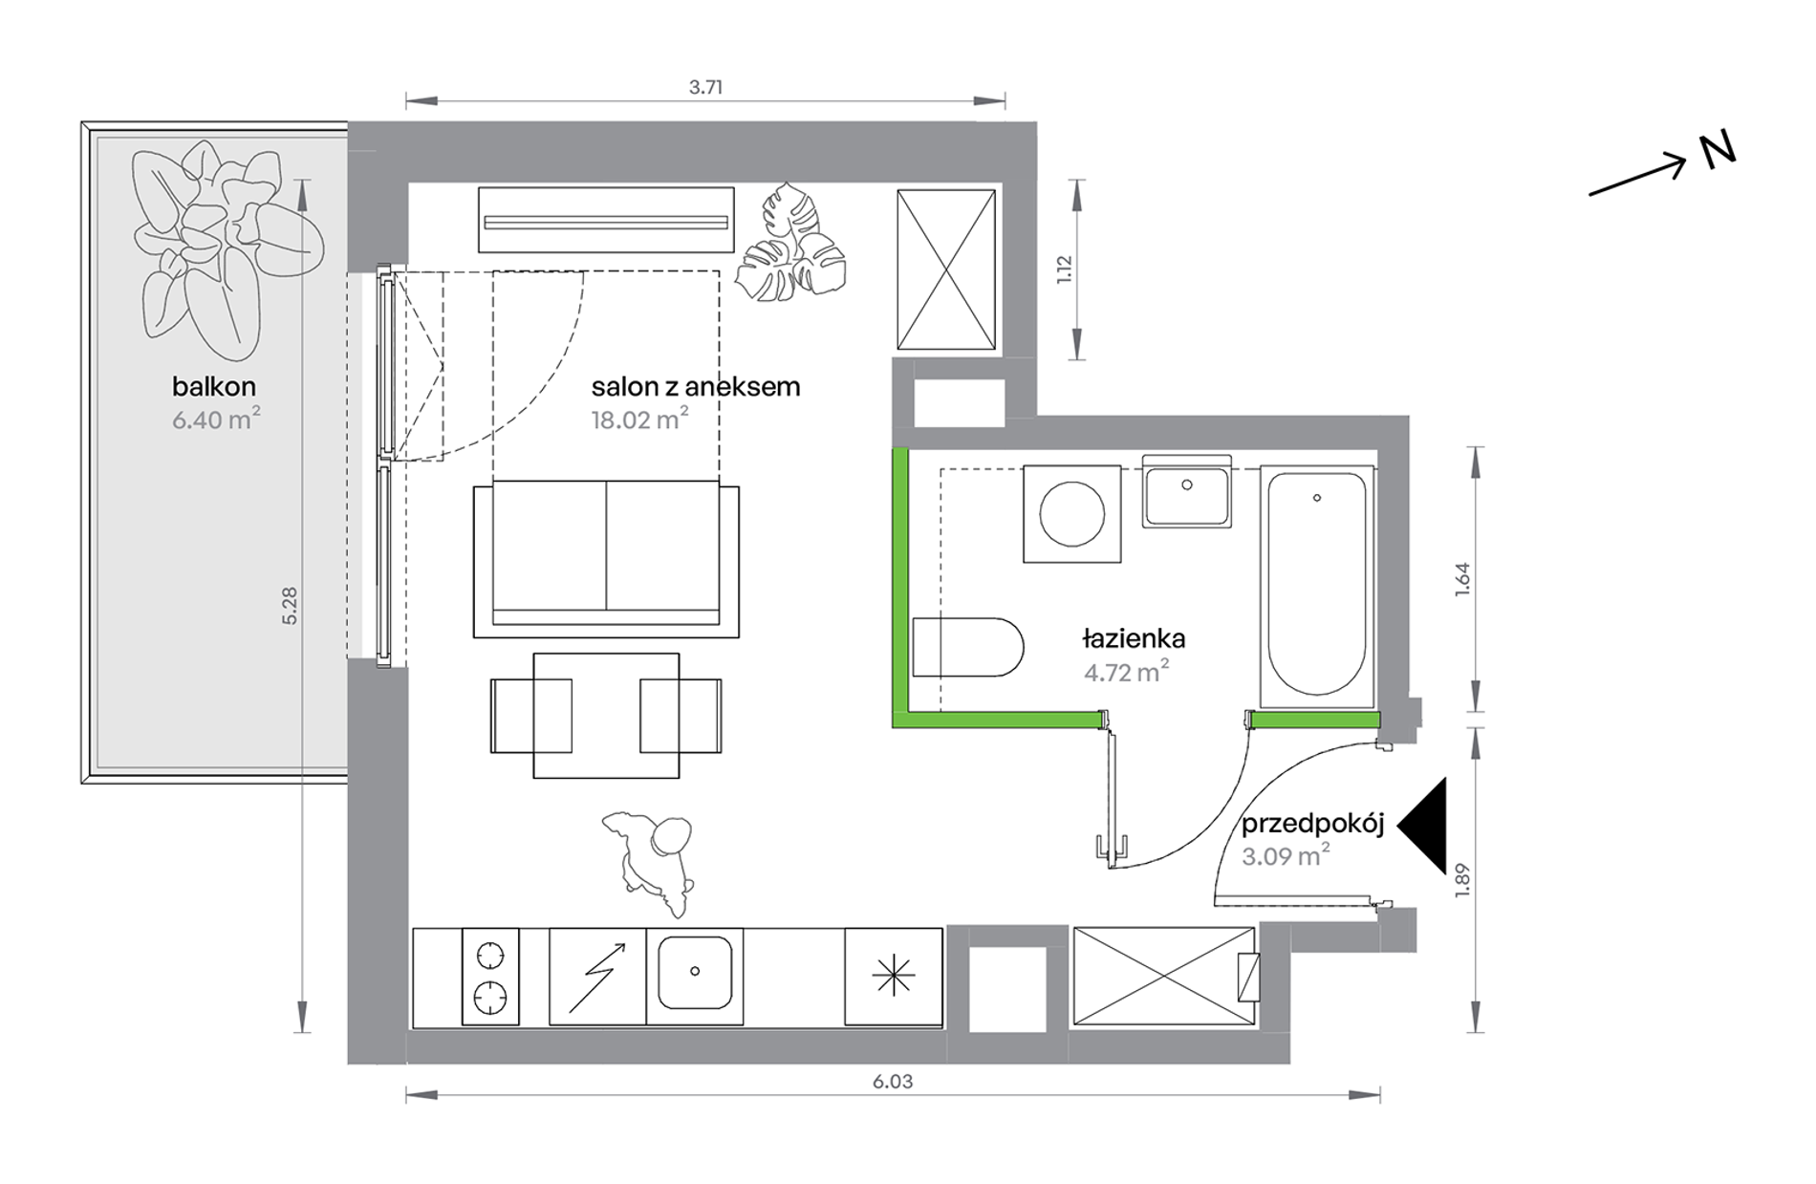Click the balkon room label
(x=214, y=386)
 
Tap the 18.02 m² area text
(x=639, y=419)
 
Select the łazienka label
(x=1134, y=637)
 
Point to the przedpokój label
(x=1312, y=825)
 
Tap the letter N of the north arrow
(x=1718, y=150)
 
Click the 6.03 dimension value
(x=893, y=1081)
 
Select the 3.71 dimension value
(x=705, y=87)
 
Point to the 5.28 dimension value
(x=290, y=606)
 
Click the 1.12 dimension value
(x=1065, y=269)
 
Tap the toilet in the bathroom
(x=967, y=647)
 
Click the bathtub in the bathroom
(x=1316, y=586)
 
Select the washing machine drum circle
(x=1071, y=514)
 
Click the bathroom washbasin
(x=1186, y=492)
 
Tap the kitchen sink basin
(x=695, y=972)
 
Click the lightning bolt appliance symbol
(x=597, y=977)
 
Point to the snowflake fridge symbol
(x=894, y=976)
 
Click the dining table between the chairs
(x=606, y=715)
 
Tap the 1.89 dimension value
(x=1460, y=880)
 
